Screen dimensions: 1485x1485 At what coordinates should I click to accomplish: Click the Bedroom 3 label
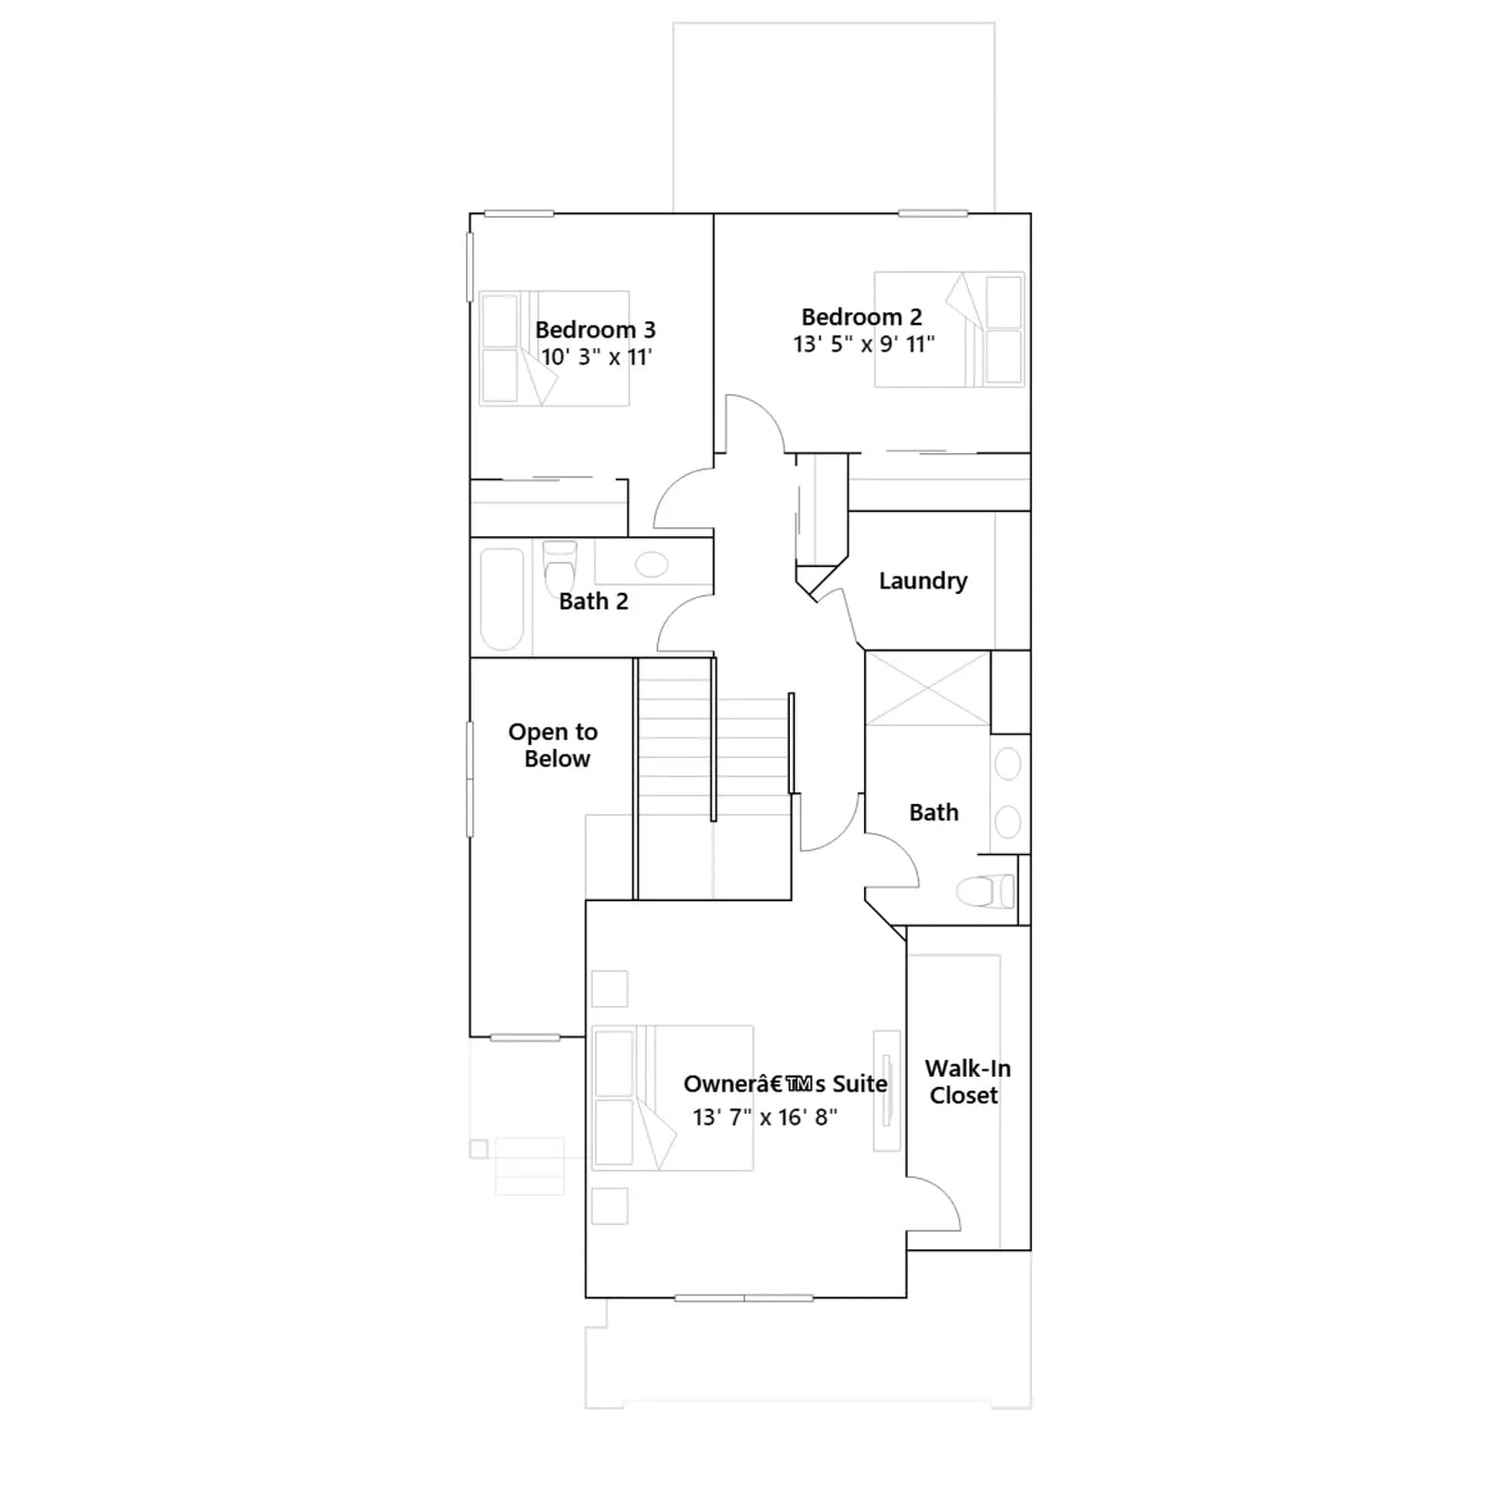coord(595,329)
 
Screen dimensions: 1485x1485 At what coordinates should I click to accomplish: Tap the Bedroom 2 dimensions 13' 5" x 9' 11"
coord(863,344)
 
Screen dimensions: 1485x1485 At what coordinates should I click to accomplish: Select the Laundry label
coord(923,581)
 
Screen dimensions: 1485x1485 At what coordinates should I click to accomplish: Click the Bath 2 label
coord(593,601)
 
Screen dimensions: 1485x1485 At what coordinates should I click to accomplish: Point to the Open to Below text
coord(554,745)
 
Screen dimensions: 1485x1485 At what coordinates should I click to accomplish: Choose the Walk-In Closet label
coord(967,1081)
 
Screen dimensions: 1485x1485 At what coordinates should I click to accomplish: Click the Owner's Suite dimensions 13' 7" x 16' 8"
coord(765,1117)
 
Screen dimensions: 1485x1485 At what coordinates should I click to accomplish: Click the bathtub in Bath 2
coord(502,599)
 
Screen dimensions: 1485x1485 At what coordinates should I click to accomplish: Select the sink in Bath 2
coord(652,564)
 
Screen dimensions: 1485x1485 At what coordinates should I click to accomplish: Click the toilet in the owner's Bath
coord(986,891)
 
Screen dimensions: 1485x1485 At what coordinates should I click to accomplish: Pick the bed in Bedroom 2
coord(949,329)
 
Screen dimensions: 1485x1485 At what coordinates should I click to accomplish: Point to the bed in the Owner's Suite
coord(673,1097)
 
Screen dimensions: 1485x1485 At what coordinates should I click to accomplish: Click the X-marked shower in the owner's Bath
coord(928,688)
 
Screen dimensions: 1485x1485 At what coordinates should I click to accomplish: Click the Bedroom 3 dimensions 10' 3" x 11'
coord(597,357)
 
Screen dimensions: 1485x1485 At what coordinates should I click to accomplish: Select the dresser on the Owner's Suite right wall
coord(886,1091)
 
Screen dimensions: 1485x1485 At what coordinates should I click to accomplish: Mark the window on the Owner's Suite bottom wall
coord(744,1298)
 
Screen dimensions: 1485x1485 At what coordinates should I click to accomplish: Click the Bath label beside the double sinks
coord(934,813)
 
